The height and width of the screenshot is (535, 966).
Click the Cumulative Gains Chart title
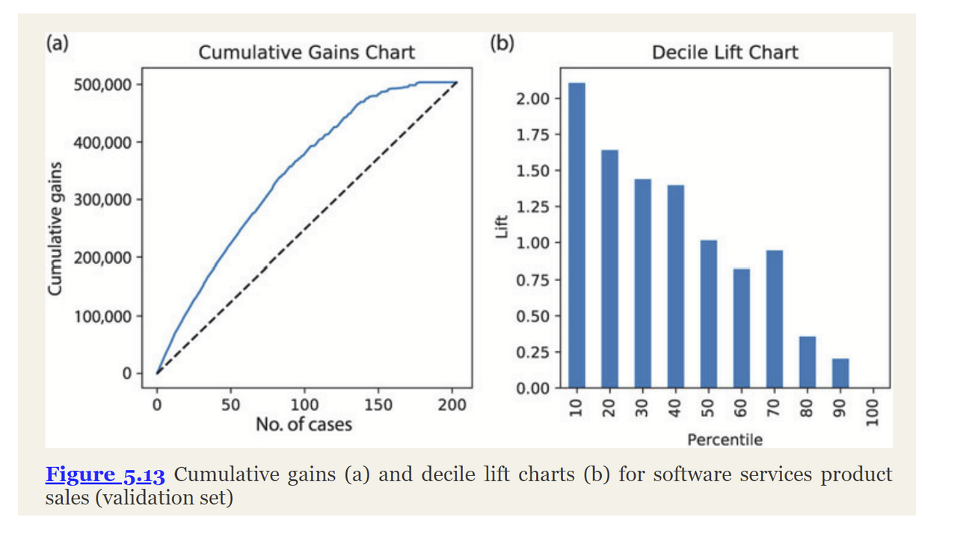click(306, 52)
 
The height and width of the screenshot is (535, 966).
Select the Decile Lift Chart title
click(724, 52)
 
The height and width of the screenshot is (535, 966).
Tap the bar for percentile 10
click(576, 235)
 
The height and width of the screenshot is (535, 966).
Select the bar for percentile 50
click(708, 314)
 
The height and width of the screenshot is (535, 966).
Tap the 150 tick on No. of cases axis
click(378, 405)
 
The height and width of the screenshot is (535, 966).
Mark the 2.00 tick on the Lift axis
click(533, 99)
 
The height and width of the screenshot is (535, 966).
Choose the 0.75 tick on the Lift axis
click(533, 280)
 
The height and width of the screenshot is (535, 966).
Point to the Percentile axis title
click(724, 439)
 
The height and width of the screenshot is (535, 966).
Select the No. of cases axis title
click(304, 424)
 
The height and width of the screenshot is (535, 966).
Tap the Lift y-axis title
click(502, 228)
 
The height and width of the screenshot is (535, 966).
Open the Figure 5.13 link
click(104, 474)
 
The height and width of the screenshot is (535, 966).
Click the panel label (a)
click(57, 43)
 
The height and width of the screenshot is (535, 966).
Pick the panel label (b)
click(502, 43)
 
